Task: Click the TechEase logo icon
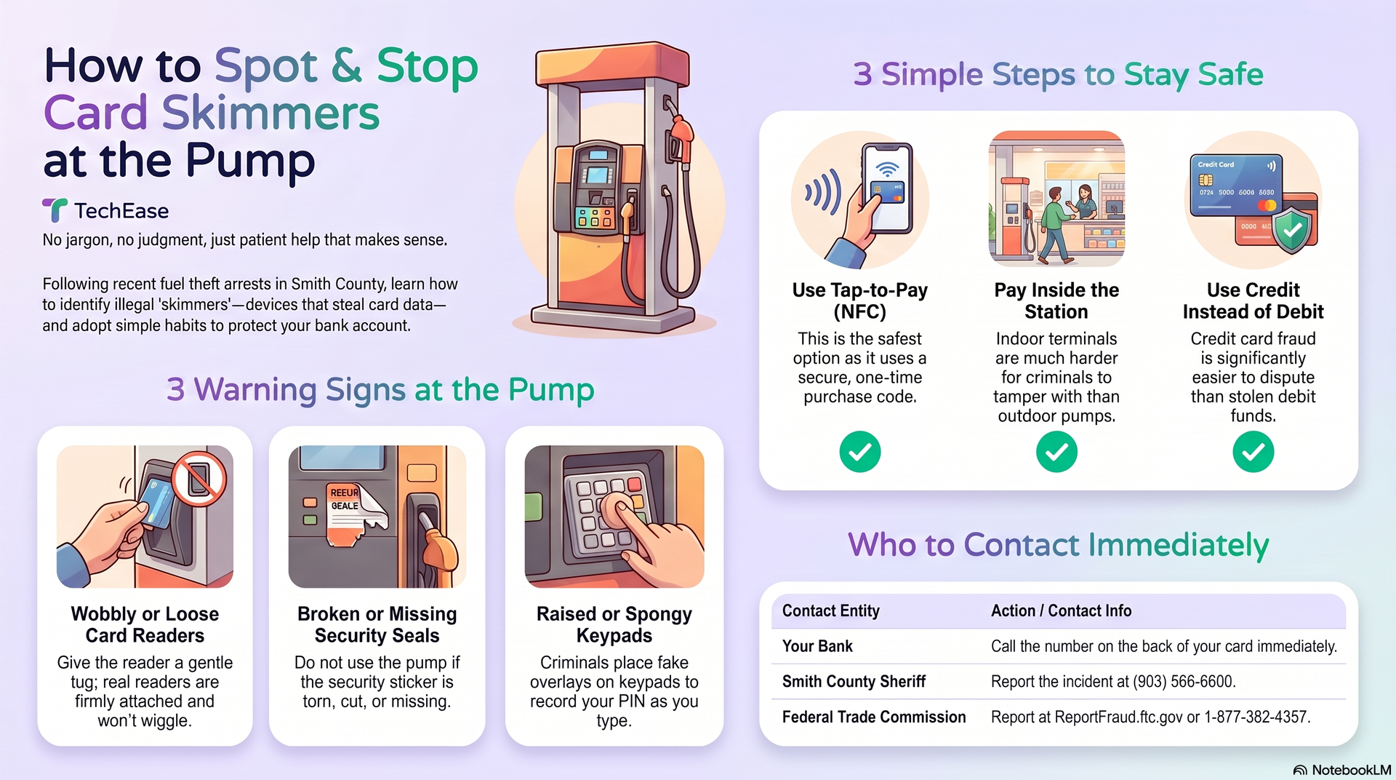55,210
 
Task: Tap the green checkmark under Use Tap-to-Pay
860,452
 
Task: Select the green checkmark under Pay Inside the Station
1056,452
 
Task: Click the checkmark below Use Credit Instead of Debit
1253,452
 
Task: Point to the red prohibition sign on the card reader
198,478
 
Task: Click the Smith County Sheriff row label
854,682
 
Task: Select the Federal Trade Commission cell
874,717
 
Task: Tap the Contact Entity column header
831,611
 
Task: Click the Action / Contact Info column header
1061,611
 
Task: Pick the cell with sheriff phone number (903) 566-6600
1113,682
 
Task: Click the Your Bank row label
817,646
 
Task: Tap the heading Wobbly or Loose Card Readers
145,624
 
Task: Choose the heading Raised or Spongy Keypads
614,624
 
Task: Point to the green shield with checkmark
1293,230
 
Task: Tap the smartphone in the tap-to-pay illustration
886,188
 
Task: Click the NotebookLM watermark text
1351,770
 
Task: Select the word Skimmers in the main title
270,113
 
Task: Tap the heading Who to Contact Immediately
1059,545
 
